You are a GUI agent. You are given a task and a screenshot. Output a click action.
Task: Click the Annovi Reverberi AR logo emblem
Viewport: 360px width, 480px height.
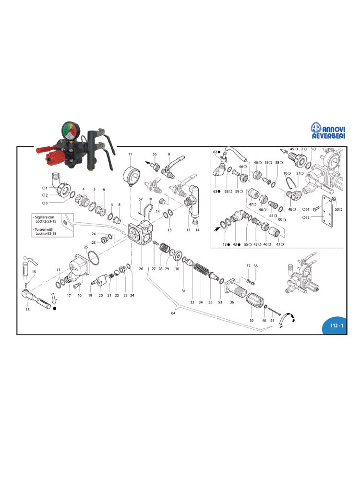(x=316, y=128)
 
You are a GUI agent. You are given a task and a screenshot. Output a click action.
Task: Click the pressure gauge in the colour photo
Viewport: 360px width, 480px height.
(x=71, y=131)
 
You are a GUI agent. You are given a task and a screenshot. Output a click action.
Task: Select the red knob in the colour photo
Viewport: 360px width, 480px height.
(x=54, y=157)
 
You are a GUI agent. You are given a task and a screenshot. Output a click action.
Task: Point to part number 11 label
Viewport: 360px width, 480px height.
(x=130, y=154)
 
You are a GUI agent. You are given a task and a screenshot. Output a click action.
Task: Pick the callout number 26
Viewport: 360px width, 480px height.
(x=141, y=269)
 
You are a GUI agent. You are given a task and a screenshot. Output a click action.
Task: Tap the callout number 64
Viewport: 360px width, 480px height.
(x=173, y=313)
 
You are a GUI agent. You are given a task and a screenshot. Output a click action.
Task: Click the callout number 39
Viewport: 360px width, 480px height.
(x=252, y=321)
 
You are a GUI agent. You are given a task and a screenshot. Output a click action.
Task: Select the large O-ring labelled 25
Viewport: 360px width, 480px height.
(x=94, y=258)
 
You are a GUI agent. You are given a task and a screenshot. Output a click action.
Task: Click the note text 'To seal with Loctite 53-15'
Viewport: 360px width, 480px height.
(x=45, y=231)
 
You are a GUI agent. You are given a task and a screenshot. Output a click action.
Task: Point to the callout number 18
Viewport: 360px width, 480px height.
(x=27, y=310)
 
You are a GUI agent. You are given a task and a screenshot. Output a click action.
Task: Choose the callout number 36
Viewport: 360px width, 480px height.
(x=232, y=302)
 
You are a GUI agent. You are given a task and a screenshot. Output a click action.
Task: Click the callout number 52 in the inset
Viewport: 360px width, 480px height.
(x=307, y=217)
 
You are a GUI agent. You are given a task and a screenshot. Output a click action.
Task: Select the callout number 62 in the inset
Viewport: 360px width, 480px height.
(x=216, y=152)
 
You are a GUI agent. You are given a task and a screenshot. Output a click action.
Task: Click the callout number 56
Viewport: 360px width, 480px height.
(x=155, y=154)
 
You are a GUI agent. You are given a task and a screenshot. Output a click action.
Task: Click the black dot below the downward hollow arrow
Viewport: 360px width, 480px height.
(x=55, y=308)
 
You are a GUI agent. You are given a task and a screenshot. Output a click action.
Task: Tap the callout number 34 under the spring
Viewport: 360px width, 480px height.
(x=201, y=302)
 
